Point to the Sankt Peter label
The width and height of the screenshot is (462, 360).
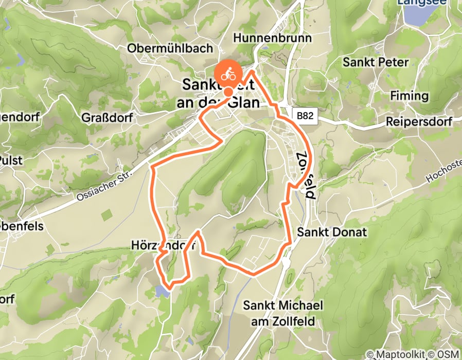376,63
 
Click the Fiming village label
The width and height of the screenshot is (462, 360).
409,96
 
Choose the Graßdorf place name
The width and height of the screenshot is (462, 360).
107,118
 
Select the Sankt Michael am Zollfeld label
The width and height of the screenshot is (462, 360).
283,314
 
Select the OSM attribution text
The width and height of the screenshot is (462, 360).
448,354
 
